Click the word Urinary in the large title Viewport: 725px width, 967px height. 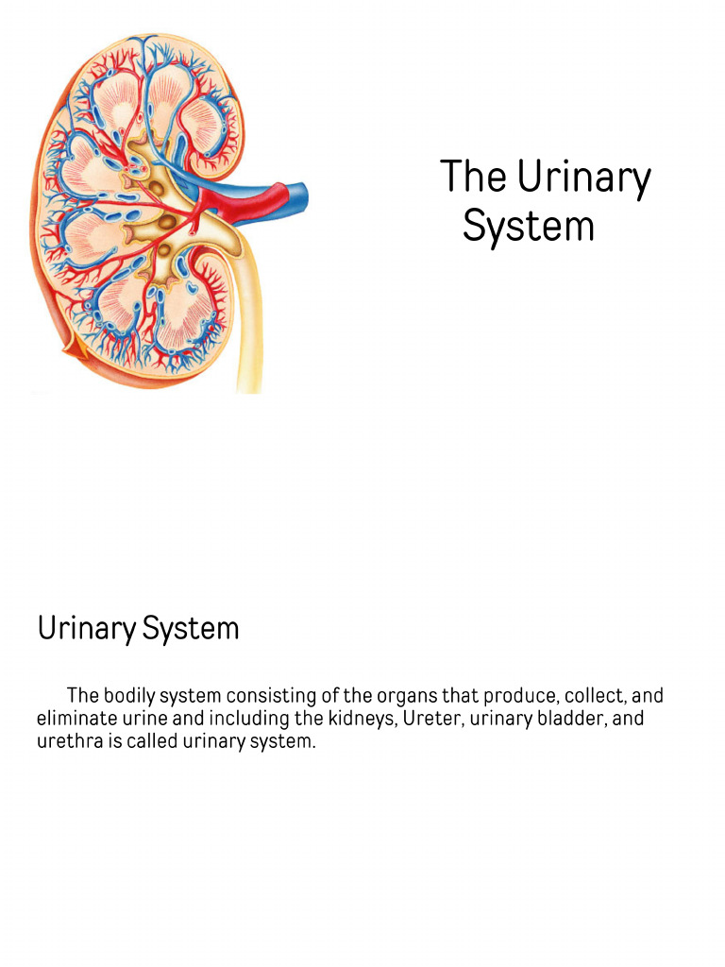583,178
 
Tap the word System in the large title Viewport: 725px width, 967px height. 529,227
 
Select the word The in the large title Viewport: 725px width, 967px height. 474,177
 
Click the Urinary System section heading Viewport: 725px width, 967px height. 138,628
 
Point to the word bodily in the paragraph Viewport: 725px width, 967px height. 128,696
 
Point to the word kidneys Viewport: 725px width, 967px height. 348,719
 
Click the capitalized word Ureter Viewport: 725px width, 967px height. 417,719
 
